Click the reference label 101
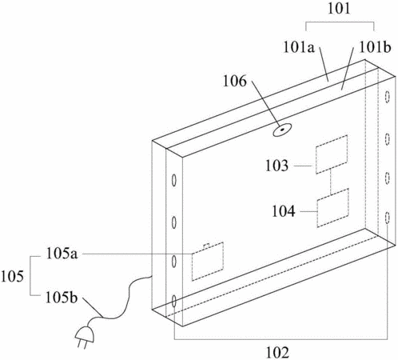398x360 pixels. tap(339, 9)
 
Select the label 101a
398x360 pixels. tap(299, 47)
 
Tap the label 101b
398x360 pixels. tap(375, 47)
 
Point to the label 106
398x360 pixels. tap(235, 81)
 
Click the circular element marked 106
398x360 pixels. tap(282, 130)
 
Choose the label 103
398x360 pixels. tap(277, 166)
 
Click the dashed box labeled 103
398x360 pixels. tap(332, 154)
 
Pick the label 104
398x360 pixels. tap(284, 211)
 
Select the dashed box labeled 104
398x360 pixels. tap(332, 208)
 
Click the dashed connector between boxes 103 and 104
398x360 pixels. tap(331, 182)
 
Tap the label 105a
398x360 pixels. tap(62, 254)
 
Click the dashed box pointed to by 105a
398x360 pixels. tap(208, 262)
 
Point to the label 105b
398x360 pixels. tap(62, 297)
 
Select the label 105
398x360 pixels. tap(12, 276)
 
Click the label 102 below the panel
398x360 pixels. tap(277, 353)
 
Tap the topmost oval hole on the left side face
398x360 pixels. tap(173, 181)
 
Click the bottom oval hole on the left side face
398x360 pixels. tap(174, 302)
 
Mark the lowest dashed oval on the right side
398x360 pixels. tap(388, 218)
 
